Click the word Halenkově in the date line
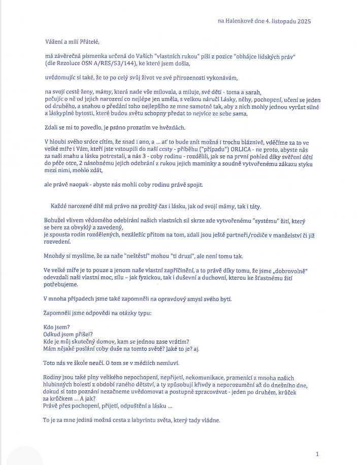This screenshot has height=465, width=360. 242,21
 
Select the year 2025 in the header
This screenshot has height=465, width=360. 303,21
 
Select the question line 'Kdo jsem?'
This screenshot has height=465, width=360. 58,327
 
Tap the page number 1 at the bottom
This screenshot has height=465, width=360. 317,454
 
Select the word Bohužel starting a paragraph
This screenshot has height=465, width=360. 55,221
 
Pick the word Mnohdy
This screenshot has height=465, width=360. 55,256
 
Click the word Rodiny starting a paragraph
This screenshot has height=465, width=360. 54,377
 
